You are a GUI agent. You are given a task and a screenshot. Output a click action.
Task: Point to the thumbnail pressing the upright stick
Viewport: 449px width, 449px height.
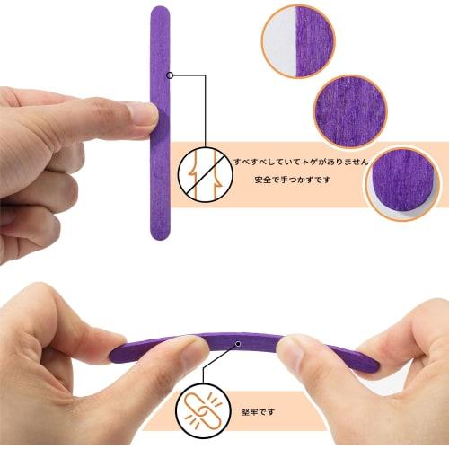[143, 113]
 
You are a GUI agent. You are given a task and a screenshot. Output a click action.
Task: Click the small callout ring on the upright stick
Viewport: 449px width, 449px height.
[170, 76]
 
